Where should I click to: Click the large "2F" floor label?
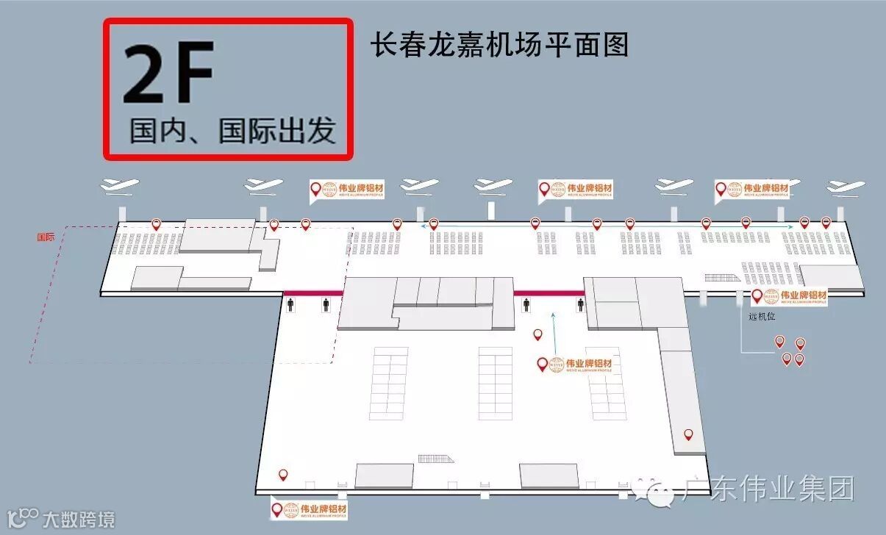[x=168, y=73]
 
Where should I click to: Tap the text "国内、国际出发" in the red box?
[x=232, y=131]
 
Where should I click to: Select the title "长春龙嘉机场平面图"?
[x=500, y=43]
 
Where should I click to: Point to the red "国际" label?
[x=46, y=237]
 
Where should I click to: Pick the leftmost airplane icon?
[x=119, y=187]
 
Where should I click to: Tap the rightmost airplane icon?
[x=846, y=187]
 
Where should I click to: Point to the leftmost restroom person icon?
[x=290, y=305]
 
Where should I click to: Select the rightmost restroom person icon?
[x=580, y=305]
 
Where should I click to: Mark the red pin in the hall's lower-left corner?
[x=282, y=475]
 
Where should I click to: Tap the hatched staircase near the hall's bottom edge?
[x=435, y=459]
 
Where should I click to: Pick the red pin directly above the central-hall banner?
[x=537, y=334]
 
